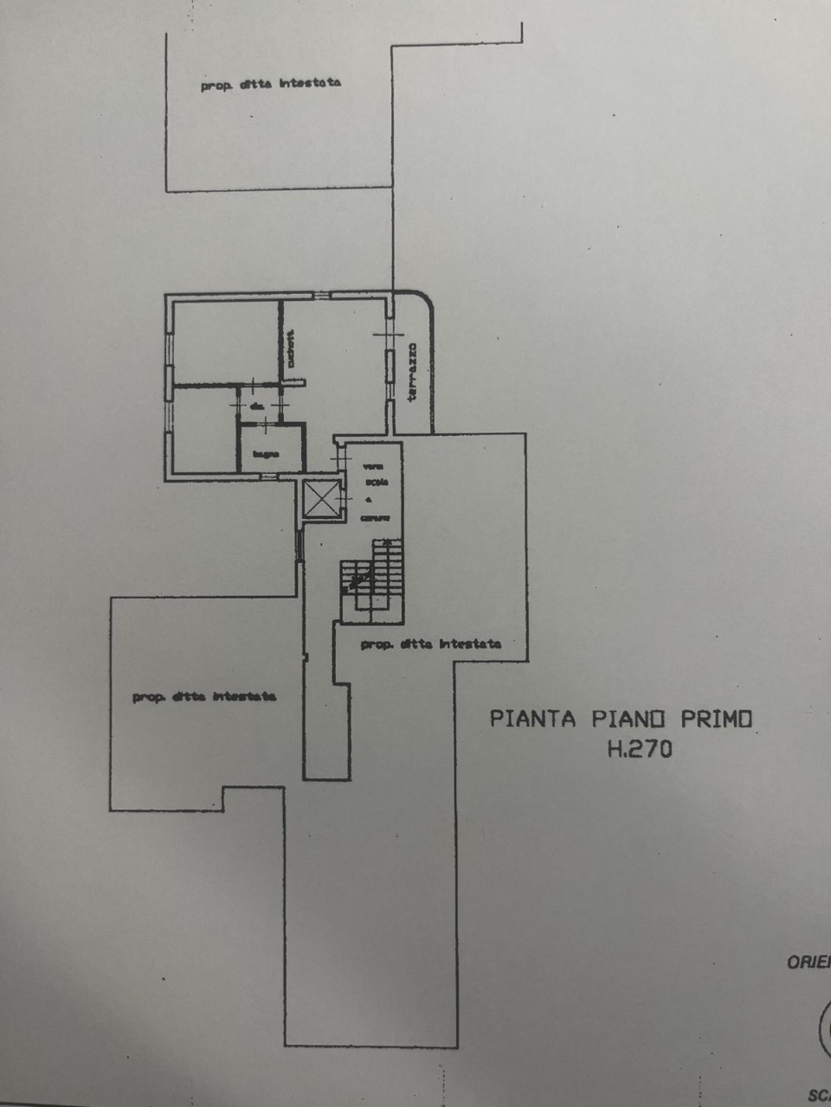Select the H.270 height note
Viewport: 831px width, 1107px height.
639,749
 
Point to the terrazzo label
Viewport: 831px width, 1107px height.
413,371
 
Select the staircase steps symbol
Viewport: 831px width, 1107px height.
372,579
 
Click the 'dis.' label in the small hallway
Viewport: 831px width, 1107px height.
257,406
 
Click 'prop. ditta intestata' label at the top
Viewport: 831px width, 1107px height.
270,84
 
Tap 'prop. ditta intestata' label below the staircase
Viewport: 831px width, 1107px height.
430,644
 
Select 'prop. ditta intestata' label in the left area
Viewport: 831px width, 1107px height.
204,696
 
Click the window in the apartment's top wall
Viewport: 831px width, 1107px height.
321,296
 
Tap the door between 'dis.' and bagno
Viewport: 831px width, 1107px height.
261,422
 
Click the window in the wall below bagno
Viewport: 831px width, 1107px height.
269,476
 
